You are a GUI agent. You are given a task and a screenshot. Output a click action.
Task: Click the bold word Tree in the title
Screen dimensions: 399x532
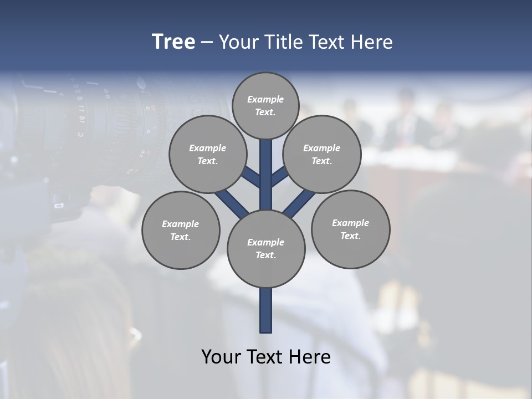(173, 42)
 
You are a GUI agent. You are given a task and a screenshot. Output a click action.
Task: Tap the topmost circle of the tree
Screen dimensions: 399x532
(265, 105)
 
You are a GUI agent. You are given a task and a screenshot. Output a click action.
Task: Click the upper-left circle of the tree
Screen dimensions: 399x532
(207, 154)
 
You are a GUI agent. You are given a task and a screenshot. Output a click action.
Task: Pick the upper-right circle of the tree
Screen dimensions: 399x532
(321, 154)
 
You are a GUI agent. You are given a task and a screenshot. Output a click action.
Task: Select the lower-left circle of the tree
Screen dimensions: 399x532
(181, 230)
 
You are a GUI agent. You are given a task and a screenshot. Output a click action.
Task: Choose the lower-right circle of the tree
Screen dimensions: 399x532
(350, 229)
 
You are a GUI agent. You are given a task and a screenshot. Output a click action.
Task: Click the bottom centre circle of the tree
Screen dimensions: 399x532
(266, 248)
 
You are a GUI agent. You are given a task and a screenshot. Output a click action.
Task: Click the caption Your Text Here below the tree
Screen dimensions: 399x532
(266, 357)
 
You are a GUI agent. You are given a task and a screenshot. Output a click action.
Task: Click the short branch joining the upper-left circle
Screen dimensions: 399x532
(251, 177)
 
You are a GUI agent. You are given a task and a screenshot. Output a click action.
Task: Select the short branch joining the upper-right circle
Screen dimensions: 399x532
(280, 177)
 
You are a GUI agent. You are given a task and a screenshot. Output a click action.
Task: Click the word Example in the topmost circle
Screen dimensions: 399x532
(265, 99)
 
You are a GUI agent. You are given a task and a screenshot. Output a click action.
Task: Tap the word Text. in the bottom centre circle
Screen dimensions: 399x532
(265, 255)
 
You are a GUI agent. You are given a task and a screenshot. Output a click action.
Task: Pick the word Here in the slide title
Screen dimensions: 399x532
(374, 42)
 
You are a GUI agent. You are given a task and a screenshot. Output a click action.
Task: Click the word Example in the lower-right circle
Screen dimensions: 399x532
(350, 223)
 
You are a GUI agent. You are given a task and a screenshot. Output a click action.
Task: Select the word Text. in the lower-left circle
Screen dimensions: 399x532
(181, 237)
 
